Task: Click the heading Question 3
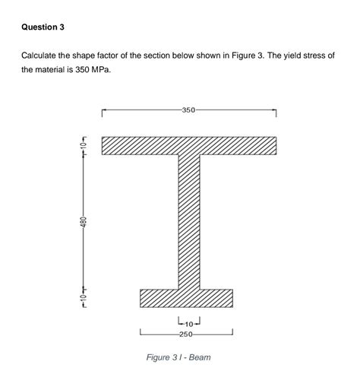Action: (43, 27)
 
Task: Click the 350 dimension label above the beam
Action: (188, 110)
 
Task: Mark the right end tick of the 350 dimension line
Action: (275, 112)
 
